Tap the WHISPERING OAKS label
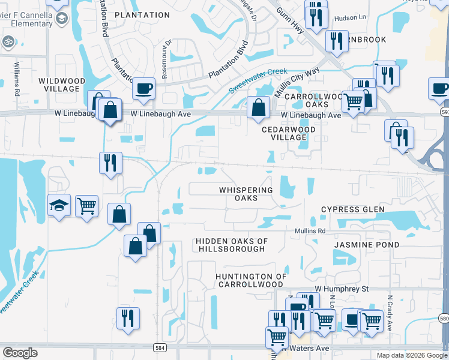point(246,194)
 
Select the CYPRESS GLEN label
point(352,209)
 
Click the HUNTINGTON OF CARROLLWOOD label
point(251,280)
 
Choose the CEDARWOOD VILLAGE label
point(289,133)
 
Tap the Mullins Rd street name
point(310,230)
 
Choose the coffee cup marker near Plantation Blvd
point(144,89)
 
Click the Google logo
point(20,353)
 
